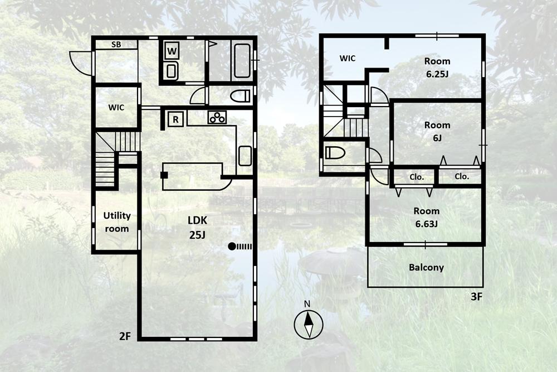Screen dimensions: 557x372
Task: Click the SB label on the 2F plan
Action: coord(116,45)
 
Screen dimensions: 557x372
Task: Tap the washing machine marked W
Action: coord(172,51)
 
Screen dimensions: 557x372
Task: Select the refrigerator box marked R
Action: coord(175,119)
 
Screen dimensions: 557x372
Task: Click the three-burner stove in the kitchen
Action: coord(217,117)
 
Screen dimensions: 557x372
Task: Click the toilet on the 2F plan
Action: coord(240,96)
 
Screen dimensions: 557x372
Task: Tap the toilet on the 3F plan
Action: coord(335,153)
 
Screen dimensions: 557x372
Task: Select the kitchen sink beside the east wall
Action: coord(245,156)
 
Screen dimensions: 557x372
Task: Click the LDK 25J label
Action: coord(197,227)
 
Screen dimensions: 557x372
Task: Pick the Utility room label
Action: coord(117,222)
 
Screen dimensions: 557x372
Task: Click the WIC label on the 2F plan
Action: coord(116,108)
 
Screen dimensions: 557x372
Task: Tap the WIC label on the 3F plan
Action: coord(347,59)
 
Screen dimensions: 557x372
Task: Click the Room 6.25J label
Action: coord(437,67)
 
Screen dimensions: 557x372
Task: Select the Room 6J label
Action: coord(437,131)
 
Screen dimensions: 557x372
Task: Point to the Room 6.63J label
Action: coord(426,218)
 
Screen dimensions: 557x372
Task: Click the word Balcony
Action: coord(426,267)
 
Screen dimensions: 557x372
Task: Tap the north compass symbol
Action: coord(309,324)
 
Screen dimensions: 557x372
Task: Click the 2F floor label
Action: coord(125,336)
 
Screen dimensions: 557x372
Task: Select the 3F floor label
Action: coord(477,297)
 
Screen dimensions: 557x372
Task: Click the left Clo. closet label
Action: coord(417,177)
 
